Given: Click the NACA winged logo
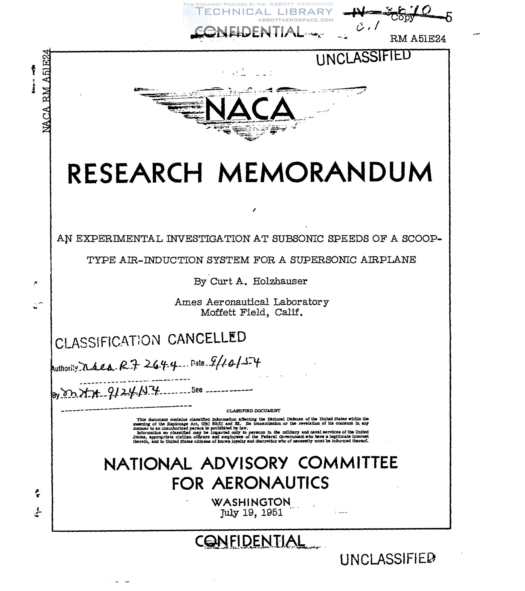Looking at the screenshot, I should click(x=250, y=111).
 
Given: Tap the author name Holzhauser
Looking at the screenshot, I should click(x=280, y=281).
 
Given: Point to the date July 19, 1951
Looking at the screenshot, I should click(x=251, y=512).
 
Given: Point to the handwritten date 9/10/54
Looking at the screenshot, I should click(x=233, y=364).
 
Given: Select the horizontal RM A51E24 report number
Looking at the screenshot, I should click(x=418, y=39).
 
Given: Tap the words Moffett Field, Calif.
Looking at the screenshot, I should click(x=251, y=312).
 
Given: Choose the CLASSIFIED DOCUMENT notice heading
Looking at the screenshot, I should click(x=253, y=411).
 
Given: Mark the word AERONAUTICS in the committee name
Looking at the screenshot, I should click(x=270, y=483).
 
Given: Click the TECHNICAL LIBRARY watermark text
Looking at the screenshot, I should click(x=264, y=12).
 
